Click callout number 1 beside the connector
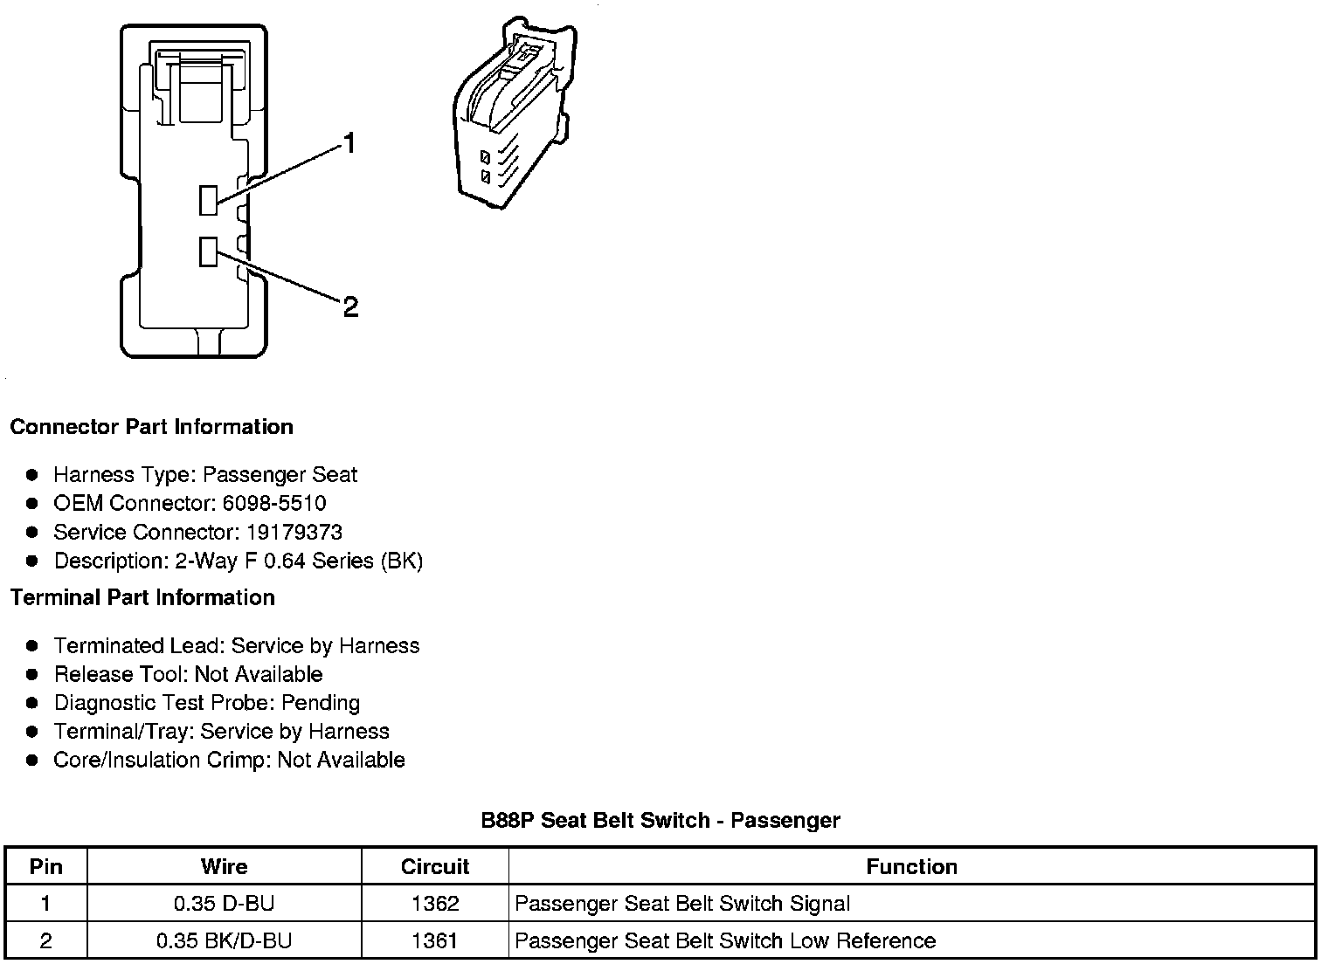[x=349, y=143]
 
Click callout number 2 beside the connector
[x=350, y=306]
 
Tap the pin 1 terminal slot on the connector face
[x=208, y=200]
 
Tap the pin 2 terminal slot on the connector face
[x=208, y=251]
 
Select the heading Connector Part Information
[x=151, y=427]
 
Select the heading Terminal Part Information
[x=142, y=598]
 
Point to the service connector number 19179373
[x=294, y=533]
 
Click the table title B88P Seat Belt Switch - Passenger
[x=661, y=821]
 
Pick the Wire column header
[x=224, y=867]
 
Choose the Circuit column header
[x=434, y=867]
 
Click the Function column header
[x=911, y=867]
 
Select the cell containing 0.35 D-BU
[x=224, y=904]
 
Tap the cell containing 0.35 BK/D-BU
[x=224, y=941]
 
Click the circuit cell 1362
[x=434, y=904]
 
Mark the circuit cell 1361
[x=434, y=941]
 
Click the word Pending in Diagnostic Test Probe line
[x=320, y=704]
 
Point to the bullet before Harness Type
[x=32, y=475]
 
